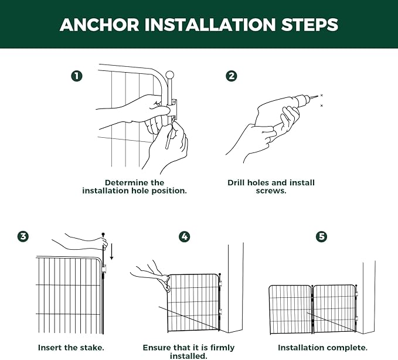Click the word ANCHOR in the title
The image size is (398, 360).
[x=100, y=25]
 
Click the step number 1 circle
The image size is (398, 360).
[x=77, y=76]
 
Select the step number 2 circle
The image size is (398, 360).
[x=232, y=76]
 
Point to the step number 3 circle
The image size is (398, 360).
[x=23, y=237]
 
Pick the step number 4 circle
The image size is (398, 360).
[x=184, y=237]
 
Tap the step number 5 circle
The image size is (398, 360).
[x=322, y=237]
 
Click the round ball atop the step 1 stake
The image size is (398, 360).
[x=169, y=76]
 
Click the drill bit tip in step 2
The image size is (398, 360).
[x=318, y=96]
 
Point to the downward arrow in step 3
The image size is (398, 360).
[x=111, y=252]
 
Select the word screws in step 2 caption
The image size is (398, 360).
[x=271, y=191]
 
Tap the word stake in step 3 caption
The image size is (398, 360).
[x=93, y=348]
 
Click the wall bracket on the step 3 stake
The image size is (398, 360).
[x=104, y=269]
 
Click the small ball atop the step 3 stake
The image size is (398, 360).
[x=103, y=234]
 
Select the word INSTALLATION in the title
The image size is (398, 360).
[x=210, y=25]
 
